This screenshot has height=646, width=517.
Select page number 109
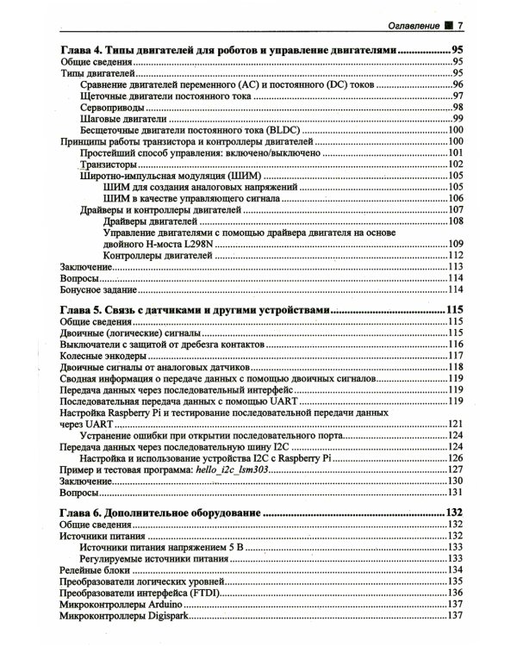click(456, 245)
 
